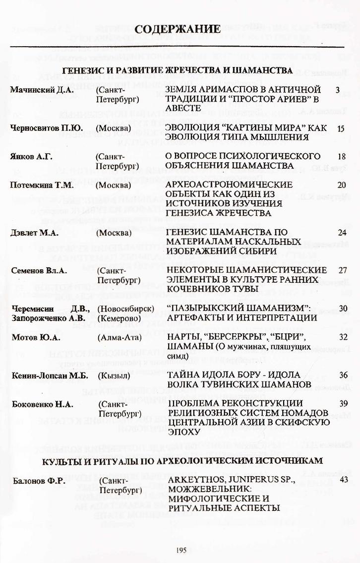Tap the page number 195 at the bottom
pyautogui.click(x=180, y=549)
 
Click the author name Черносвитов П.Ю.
pyautogui.click(x=43, y=128)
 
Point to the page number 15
pyautogui.click(x=340, y=128)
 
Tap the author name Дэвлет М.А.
pyautogui.click(x=34, y=232)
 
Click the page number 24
pyautogui.click(x=341, y=232)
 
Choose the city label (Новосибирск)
pyautogui.click(x=126, y=309)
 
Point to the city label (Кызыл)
pyautogui.click(x=115, y=375)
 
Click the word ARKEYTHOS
pyautogui.click(x=196, y=480)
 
